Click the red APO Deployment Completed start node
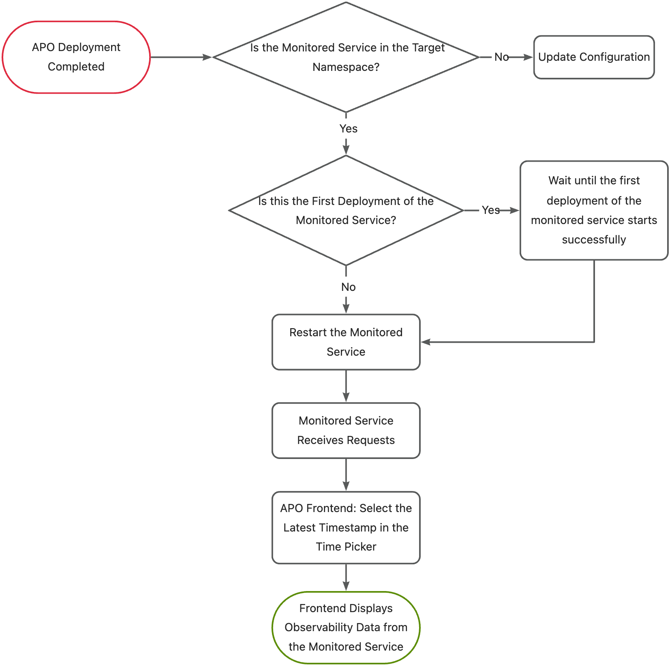[76, 57]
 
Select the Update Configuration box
[593, 57]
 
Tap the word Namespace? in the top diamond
[346, 67]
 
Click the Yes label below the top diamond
[348, 129]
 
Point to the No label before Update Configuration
[501, 57]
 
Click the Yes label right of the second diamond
[490, 210]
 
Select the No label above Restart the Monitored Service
[348, 287]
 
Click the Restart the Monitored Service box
[346, 342]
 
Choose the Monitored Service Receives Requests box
[346, 430]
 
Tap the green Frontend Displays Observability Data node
[346, 627]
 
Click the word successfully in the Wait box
[593, 240]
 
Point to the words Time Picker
[346, 547]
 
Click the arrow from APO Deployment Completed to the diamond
[181, 57]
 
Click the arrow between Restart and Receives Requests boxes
[346, 386]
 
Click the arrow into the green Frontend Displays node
[346, 578]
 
